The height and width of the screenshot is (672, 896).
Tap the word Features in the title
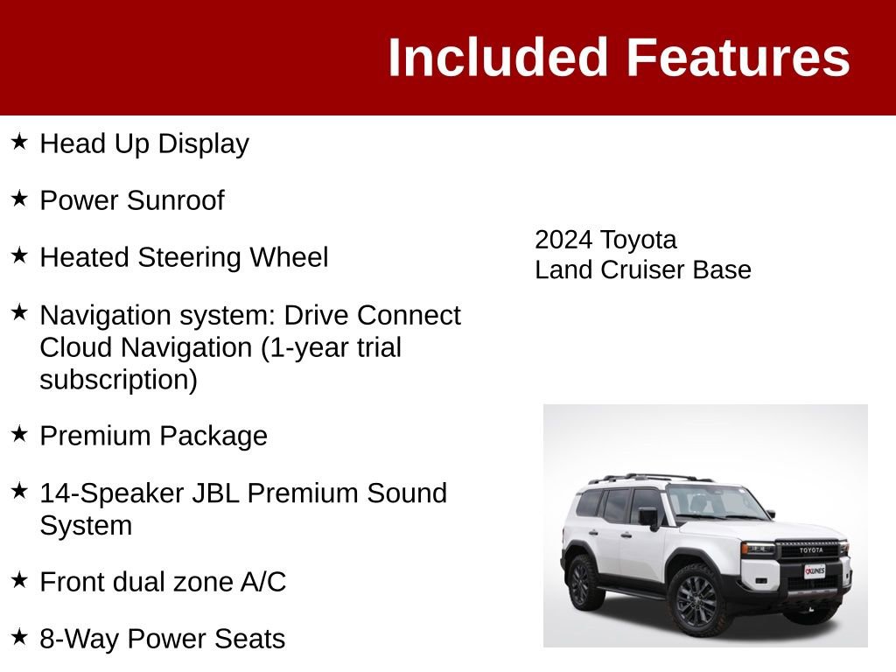click(x=738, y=59)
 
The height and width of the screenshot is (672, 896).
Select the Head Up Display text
click(x=144, y=143)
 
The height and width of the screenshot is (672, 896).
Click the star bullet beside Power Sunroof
click(x=19, y=199)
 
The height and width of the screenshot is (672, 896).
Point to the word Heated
click(x=80, y=257)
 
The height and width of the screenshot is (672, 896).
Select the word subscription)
click(x=118, y=380)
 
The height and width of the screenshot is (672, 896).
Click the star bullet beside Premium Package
click(x=19, y=434)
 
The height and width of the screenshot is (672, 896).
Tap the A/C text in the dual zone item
click(x=262, y=582)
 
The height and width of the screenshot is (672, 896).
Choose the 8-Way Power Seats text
click(x=162, y=639)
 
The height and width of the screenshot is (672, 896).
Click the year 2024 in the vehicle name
click(x=564, y=240)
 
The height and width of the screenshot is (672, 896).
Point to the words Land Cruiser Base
click(x=643, y=269)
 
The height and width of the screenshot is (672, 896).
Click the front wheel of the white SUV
click(x=697, y=600)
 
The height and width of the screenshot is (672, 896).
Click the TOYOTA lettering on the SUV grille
click(x=811, y=549)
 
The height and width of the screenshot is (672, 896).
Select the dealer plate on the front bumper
click(x=815, y=570)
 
